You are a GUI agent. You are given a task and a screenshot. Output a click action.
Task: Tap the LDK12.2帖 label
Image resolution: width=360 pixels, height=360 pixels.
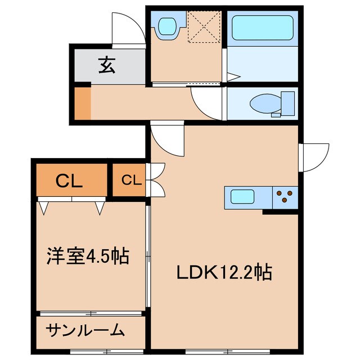click(x=224, y=273)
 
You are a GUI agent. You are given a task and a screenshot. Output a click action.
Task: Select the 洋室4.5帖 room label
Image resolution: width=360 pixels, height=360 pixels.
click(x=87, y=256)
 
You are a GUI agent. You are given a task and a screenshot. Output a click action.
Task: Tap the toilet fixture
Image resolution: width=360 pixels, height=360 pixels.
click(x=267, y=105)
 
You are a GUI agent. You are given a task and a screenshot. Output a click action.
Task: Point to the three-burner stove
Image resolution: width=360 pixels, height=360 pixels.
click(x=285, y=197)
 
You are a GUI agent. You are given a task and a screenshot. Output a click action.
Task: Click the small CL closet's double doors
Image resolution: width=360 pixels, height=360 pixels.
click(x=155, y=179)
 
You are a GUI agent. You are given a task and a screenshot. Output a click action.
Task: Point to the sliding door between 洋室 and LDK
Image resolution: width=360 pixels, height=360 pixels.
click(x=147, y=256)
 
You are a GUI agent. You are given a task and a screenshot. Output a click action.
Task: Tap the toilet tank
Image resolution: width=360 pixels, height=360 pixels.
click(x=288, y=103)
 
